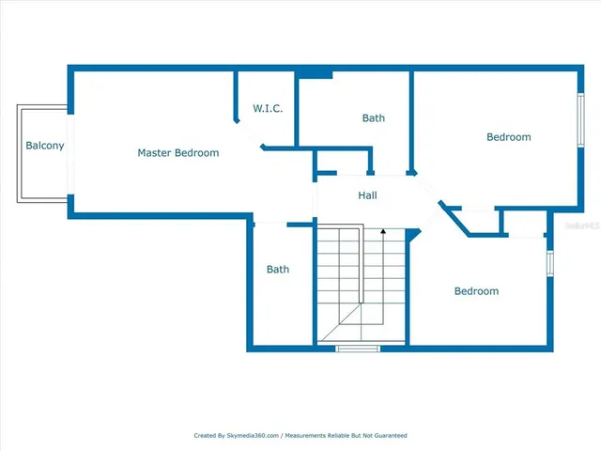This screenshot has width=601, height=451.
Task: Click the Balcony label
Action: [x=45, y=146]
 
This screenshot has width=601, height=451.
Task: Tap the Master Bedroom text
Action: [x=178, y=153]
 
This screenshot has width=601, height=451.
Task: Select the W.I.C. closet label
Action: [x=268, y=109]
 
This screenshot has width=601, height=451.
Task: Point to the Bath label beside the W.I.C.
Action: [x=374, y=118]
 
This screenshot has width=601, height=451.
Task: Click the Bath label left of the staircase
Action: [x=278, y=270]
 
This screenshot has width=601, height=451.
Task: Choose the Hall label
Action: [x=367, y=195]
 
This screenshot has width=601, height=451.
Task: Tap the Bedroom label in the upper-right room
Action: [x=508, y=137]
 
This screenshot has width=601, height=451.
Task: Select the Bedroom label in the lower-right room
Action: [x=476, y=291]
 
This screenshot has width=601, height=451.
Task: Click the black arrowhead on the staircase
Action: [x=383, y=229]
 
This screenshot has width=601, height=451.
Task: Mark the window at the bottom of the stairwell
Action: [x=358, y=350]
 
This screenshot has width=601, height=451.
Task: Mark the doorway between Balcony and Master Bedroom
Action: [x=68, y=153]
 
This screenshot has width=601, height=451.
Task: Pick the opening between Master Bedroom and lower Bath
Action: [x=270, y=223]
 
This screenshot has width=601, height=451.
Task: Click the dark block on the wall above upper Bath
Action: [x=320, y=73]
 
